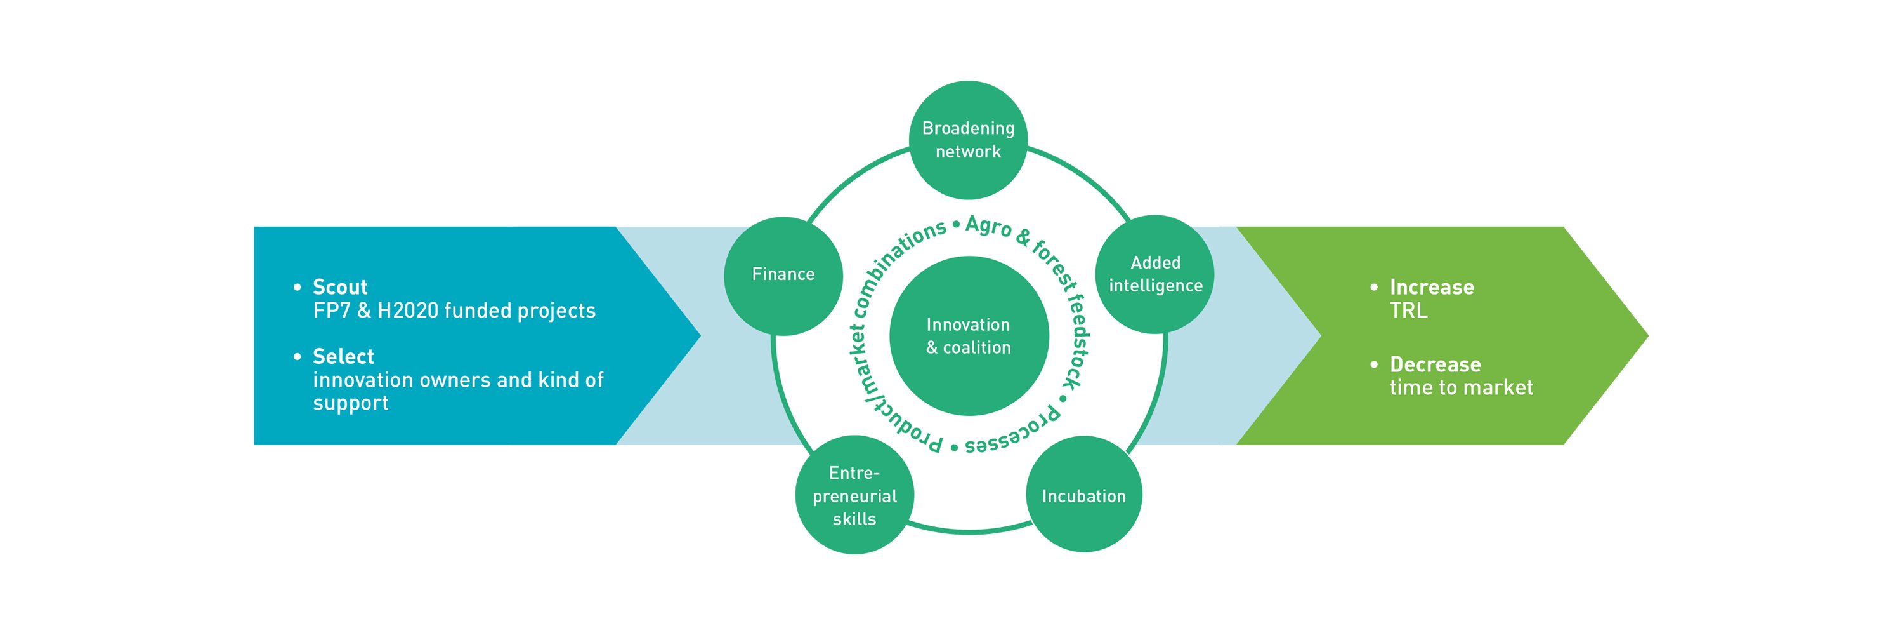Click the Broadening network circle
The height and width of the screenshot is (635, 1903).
click(x=968, y=140)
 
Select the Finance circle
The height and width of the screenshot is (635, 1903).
click(x=783, y=276)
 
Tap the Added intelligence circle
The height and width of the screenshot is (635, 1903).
click(x=1154, y=274)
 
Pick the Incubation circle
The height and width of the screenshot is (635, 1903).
click(x=1083, y=494)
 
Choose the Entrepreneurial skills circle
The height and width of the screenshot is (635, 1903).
click(x=854, y=495)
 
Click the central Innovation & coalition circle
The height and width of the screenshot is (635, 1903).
click(x=969, y=336)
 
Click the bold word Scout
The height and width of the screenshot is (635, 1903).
click(x=340, y=287)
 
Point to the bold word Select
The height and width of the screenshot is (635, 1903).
click(x=344, y=356)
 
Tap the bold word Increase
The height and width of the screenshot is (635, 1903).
click(x=1432, y=287)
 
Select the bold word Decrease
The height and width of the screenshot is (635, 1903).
click(x=1435, y=364)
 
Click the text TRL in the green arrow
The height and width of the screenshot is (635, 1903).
click(x=1408, y=311)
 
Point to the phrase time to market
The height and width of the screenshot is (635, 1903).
click(x=1462, y=387)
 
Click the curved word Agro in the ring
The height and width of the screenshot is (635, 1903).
click(x=988, y=226)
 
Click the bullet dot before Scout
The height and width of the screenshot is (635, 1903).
click(x=297, y=287)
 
